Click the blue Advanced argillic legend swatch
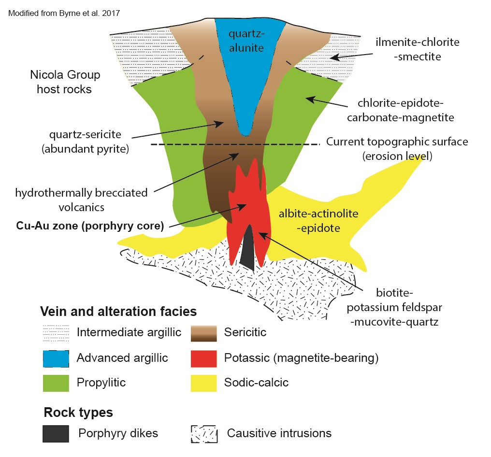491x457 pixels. [56, 358]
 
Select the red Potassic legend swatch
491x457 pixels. [203, 358]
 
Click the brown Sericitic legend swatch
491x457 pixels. [203, 333]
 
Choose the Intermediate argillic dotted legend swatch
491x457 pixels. [56, 333]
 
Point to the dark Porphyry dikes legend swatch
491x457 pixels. [56, 433]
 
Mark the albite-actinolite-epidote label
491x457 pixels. [318, 220]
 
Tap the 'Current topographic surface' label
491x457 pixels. [397, 149]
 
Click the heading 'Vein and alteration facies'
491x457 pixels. [118, 311]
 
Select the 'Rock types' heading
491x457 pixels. [78, 413]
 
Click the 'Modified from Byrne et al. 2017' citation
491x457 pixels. [64, 13]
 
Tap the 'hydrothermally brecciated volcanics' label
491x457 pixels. [81, 200]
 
